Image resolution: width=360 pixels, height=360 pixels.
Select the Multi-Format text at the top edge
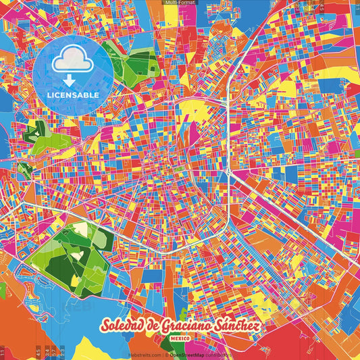(x=180, y=3)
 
